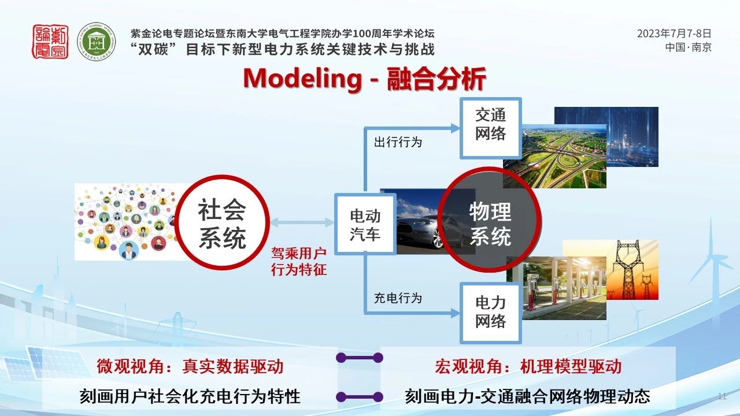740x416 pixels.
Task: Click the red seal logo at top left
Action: [x=50, y=42]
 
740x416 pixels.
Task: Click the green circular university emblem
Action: [x=97, y=42]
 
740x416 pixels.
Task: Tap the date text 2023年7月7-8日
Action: [x=674, y=34]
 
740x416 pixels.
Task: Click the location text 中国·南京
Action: [x=688, y=47]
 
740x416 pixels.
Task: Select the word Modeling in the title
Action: [x=302, y=79]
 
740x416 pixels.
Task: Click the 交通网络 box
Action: [x=491, y=128]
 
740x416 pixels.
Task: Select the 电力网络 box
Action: [x=491, y=313]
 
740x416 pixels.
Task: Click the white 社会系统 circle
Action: [x=222, y=222]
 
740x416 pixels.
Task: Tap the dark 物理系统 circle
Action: [x=490, y=220]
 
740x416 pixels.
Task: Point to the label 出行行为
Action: [x=398, y=142]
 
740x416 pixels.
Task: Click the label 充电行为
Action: [x=398, y=298]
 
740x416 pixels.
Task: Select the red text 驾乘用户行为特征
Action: [x=299, y=262]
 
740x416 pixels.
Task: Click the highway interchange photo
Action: [x=554, y=157]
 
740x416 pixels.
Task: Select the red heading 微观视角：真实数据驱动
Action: [x=190, y=366]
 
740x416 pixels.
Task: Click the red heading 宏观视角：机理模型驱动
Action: [x=528, y=366]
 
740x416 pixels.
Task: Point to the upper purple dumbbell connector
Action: [x=360, y=358]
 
